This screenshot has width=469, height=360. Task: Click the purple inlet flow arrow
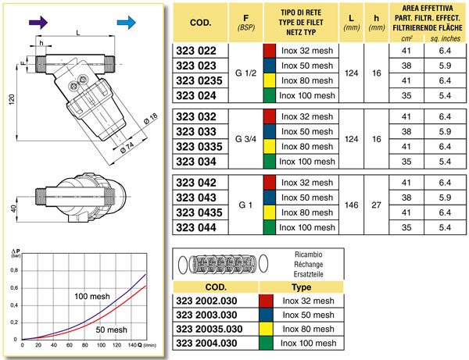[38, 23]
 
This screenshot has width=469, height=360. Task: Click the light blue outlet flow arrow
[126, 23]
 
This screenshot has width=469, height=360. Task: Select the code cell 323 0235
[199, 80]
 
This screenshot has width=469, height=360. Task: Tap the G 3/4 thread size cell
[245, 139]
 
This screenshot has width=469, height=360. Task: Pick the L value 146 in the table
[351, 205]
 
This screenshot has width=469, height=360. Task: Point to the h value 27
[376, 205]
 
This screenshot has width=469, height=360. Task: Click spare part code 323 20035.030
[209, 329]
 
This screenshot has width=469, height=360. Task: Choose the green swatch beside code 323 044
[269, 227]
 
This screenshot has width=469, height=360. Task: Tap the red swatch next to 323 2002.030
[266, 301]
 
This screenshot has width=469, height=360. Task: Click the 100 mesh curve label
[92, 297]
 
